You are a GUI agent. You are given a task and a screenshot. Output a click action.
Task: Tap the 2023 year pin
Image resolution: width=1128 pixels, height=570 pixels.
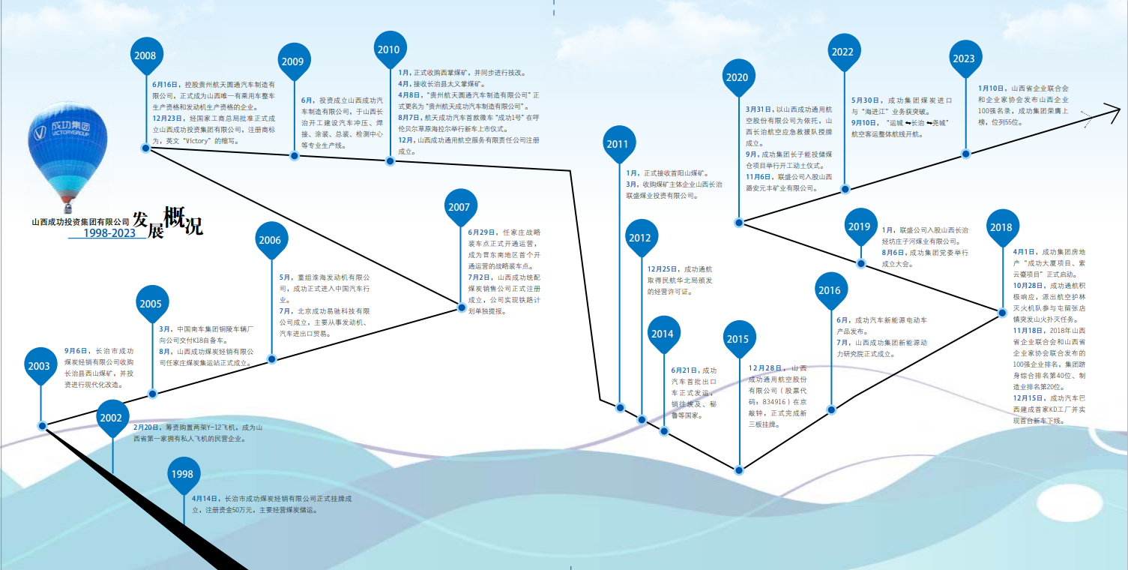[x=964, y=58]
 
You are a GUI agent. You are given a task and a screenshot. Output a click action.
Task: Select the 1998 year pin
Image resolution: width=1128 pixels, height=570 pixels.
[x=181, y=473]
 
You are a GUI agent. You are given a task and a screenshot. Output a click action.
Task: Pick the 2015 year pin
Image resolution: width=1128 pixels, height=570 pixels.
[x=738, y=339]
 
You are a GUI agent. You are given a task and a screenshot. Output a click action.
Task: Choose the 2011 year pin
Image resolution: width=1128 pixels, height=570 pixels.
[x=618, y=144]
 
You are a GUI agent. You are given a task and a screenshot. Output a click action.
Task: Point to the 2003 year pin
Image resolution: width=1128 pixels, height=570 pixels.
[x=40, y=366]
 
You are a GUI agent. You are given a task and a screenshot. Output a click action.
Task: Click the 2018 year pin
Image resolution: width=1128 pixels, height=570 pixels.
[x=1001, y=227]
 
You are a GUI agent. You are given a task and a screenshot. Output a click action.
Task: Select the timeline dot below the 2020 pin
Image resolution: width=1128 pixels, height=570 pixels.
[x=739, y=223]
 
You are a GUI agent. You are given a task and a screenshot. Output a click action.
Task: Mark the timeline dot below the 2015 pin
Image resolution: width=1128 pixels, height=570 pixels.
[x=739, y=470]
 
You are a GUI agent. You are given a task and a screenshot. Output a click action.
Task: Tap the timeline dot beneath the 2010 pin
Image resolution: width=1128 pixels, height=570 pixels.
[x=390, y=160]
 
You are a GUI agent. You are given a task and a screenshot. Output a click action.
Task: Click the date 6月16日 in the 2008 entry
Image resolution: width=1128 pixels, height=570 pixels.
[x=165, y=85]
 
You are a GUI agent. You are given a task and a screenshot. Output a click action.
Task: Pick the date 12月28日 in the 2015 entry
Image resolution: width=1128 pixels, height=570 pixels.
[x=766, y=368]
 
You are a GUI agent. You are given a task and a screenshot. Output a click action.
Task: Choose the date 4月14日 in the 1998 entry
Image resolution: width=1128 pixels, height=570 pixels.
[x=204, y=498]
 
